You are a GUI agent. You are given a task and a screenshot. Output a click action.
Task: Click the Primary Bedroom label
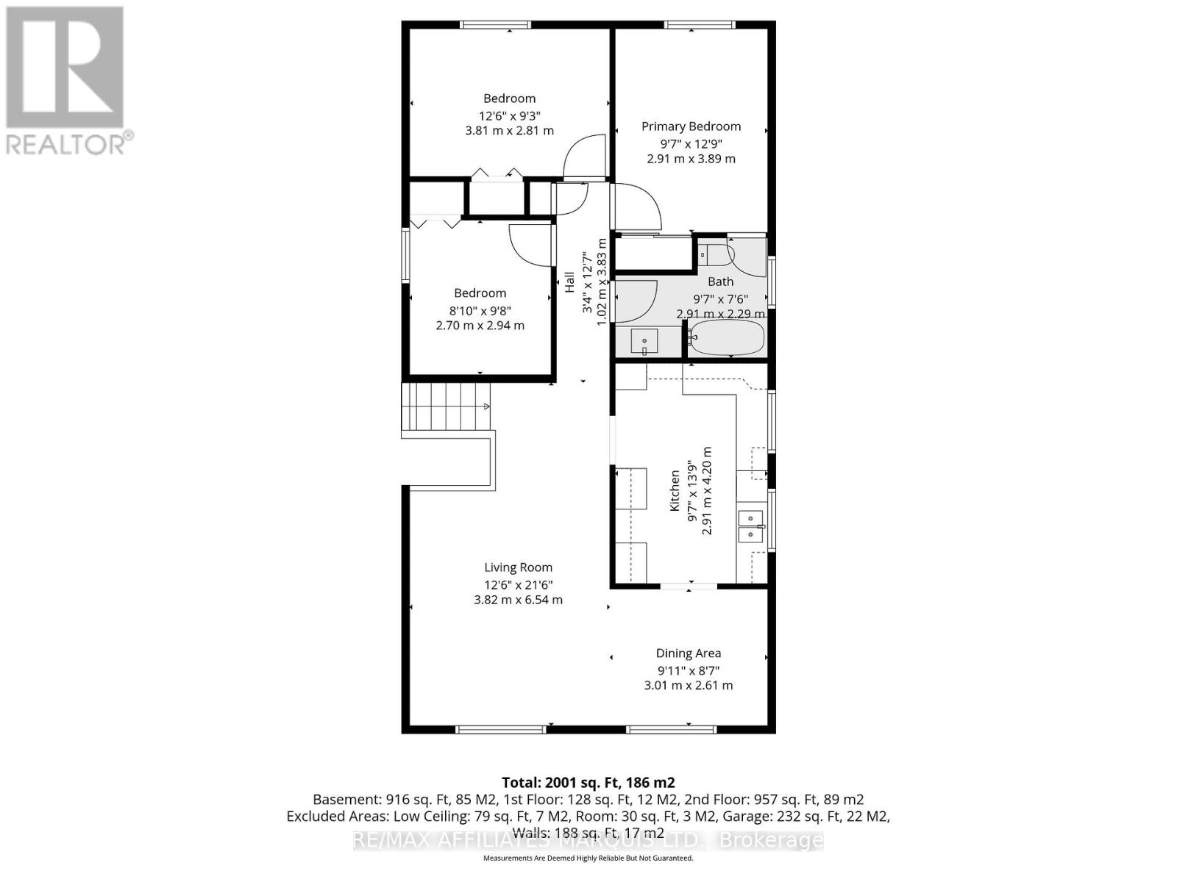click(x=691, y=126)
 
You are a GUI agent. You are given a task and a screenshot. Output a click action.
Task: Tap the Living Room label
click(x=518, y=567)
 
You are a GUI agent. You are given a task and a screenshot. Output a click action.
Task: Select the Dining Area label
click(x=688, y=653)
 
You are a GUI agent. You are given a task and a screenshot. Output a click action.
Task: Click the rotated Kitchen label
click(x=674, y=492)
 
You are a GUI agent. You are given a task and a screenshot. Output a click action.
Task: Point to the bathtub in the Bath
click(x=728, y=338)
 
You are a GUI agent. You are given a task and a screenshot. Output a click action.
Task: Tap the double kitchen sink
click(x=750, y=526)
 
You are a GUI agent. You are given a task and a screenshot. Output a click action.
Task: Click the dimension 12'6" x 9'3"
click(x=509, y=115)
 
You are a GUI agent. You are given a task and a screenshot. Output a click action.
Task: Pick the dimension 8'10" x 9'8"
click(x=480, y=309)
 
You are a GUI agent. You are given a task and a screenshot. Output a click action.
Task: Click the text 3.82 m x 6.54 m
click(x=518, y=600)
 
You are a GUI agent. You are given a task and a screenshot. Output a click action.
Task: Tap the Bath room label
click(x=720, y=282)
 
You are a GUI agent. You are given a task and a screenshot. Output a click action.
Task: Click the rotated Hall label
click(x=569, y=282)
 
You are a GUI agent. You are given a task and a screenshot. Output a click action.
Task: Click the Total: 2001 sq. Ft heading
click(x=588, y=782)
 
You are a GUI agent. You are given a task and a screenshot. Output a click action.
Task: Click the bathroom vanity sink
click(x=645, y=342)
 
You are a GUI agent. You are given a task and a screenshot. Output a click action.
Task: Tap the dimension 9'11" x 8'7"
click(x=688, y=670)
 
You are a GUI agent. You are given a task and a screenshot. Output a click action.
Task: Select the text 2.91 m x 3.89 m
click(x=691, y=159)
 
